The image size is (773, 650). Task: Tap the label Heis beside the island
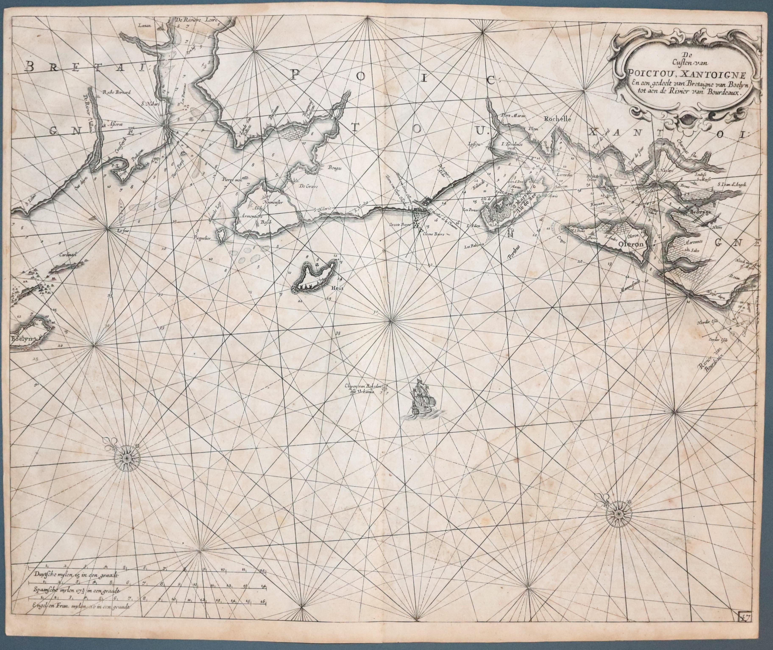337,288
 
